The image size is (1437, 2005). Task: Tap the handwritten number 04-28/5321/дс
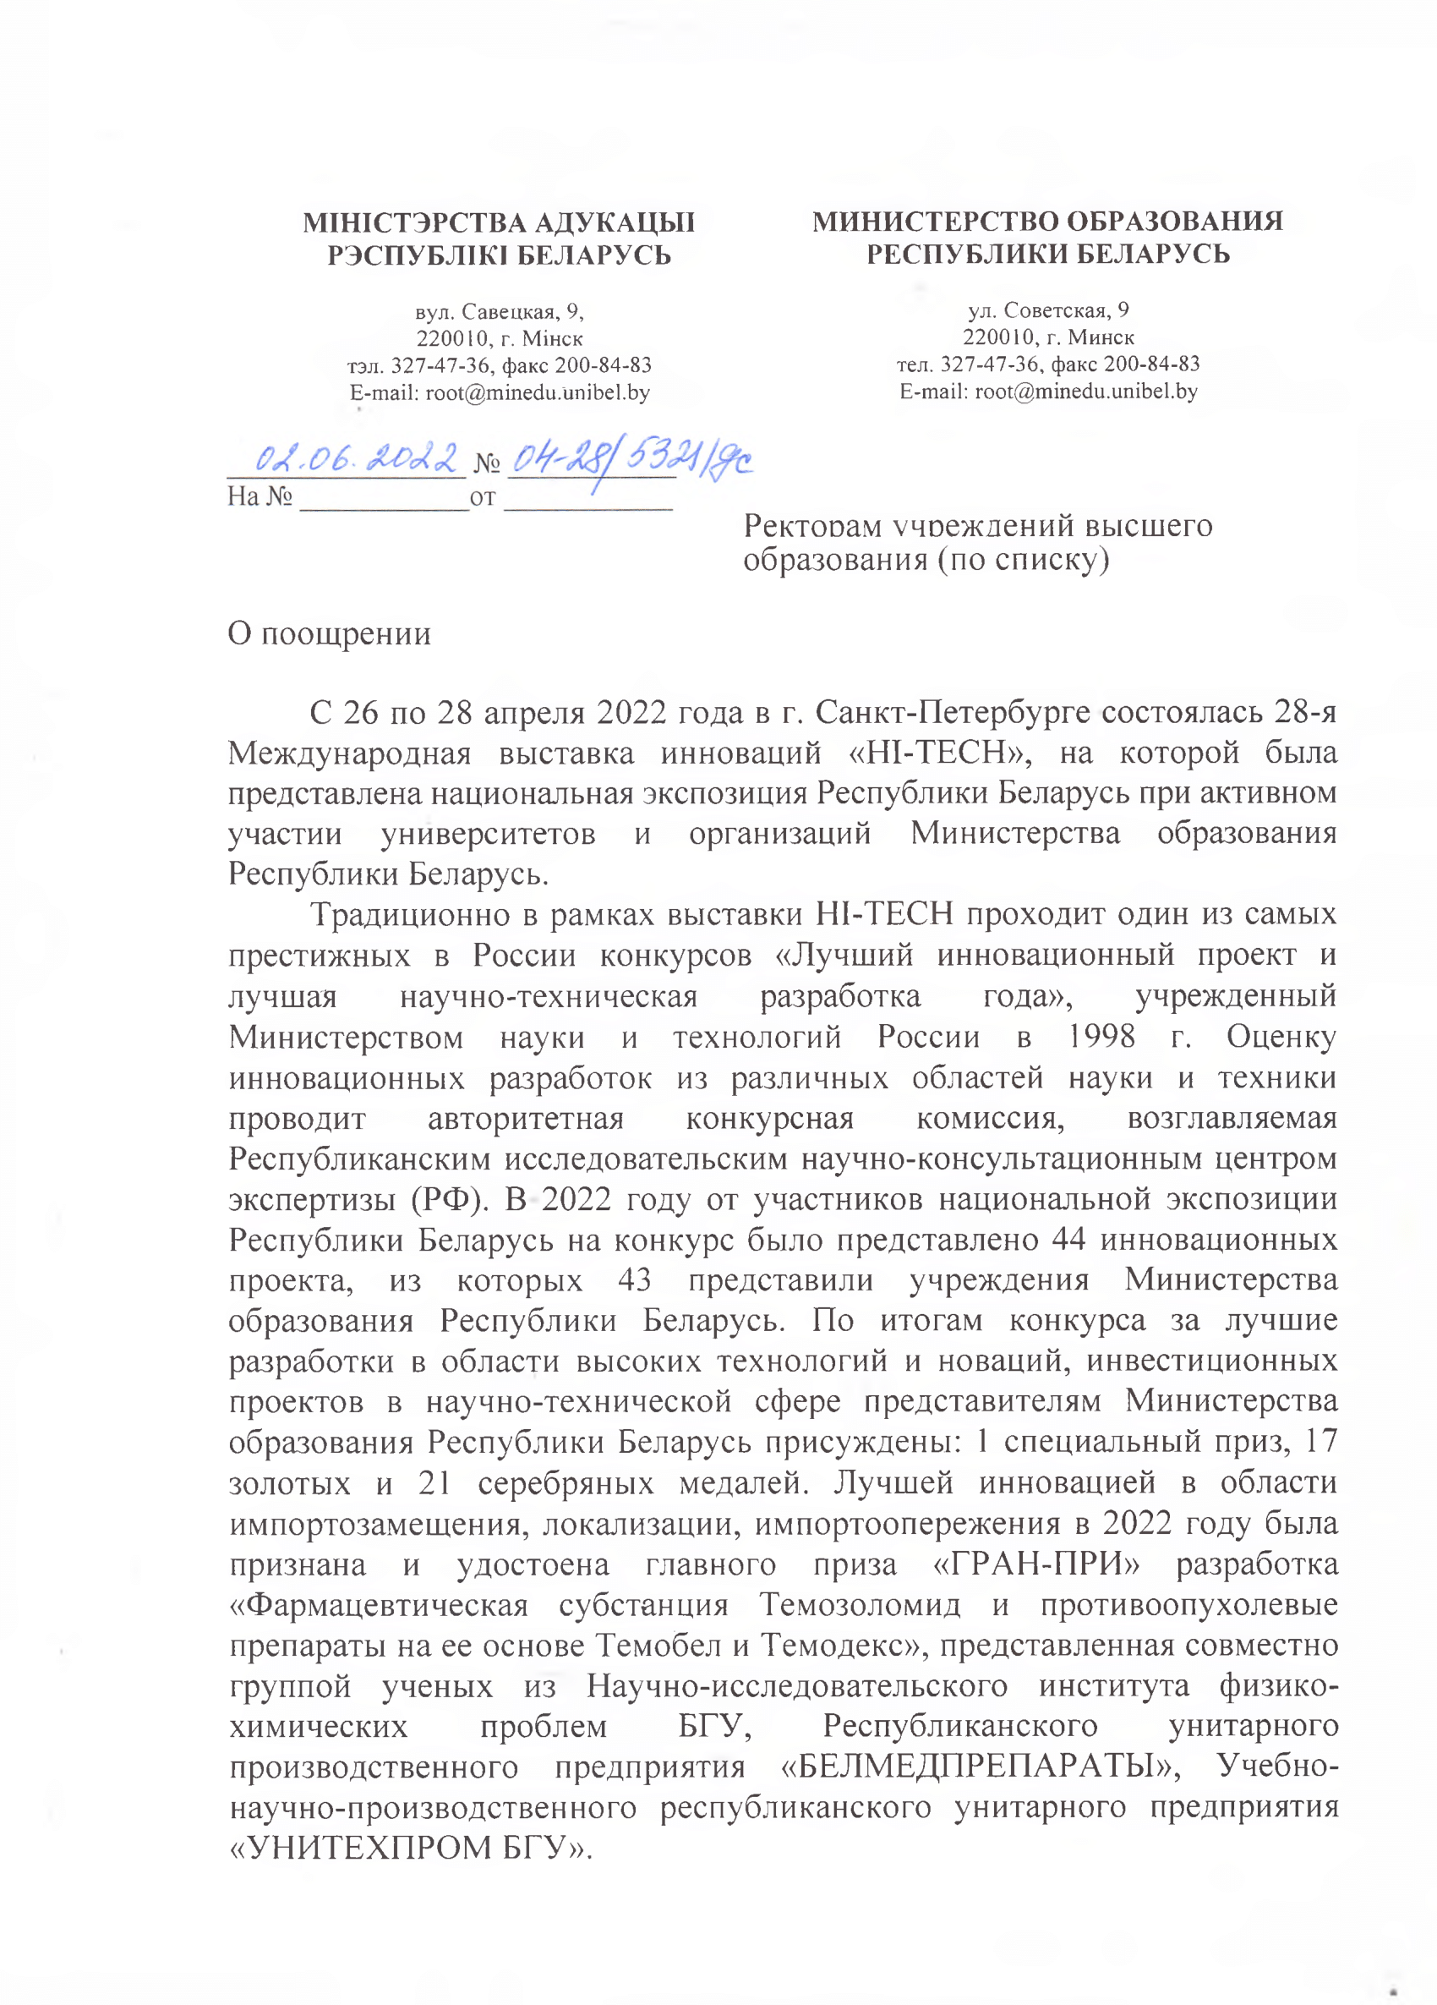pos(630,462)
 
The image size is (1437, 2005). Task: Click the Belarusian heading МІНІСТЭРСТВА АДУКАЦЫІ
pos(499,222)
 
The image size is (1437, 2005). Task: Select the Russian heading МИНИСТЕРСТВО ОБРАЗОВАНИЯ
pos(1047,220)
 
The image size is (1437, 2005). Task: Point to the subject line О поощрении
pos(329,634)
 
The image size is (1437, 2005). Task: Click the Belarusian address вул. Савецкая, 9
pos(500,311)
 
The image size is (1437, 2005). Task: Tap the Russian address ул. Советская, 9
pos(1048,310)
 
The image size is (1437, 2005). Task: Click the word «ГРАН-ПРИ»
pos(1036,1564)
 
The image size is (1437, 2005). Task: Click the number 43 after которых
pos(635,1280)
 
